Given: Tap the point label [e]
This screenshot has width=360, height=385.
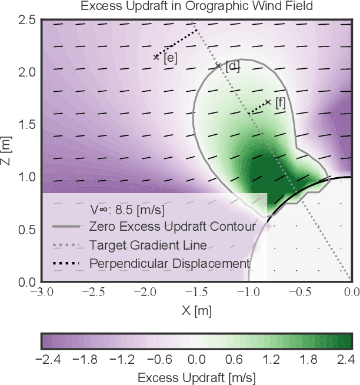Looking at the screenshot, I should (171, 57).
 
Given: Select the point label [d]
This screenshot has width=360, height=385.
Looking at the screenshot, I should (233, 66).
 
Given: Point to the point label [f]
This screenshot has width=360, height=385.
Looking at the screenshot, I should (280, 103).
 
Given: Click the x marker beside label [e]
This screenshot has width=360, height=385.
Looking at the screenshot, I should (156, 57).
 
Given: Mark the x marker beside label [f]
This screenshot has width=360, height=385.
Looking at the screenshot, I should (268, 102).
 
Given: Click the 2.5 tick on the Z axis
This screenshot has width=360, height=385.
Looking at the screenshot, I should (28, 19).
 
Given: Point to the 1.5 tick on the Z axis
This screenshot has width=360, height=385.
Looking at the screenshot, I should (28, 124).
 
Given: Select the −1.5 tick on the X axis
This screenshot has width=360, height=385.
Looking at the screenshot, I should (196, 291).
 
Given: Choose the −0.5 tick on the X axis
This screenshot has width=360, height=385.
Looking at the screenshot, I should (300, 291).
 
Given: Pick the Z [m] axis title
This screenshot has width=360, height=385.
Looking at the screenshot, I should (8, 150).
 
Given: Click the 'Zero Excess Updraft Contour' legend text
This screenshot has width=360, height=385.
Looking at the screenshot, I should (172, 227).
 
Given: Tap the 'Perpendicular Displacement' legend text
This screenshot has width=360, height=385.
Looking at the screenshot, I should (170, 263).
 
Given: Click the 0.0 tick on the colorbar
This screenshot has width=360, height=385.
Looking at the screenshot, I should (196, 359).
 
